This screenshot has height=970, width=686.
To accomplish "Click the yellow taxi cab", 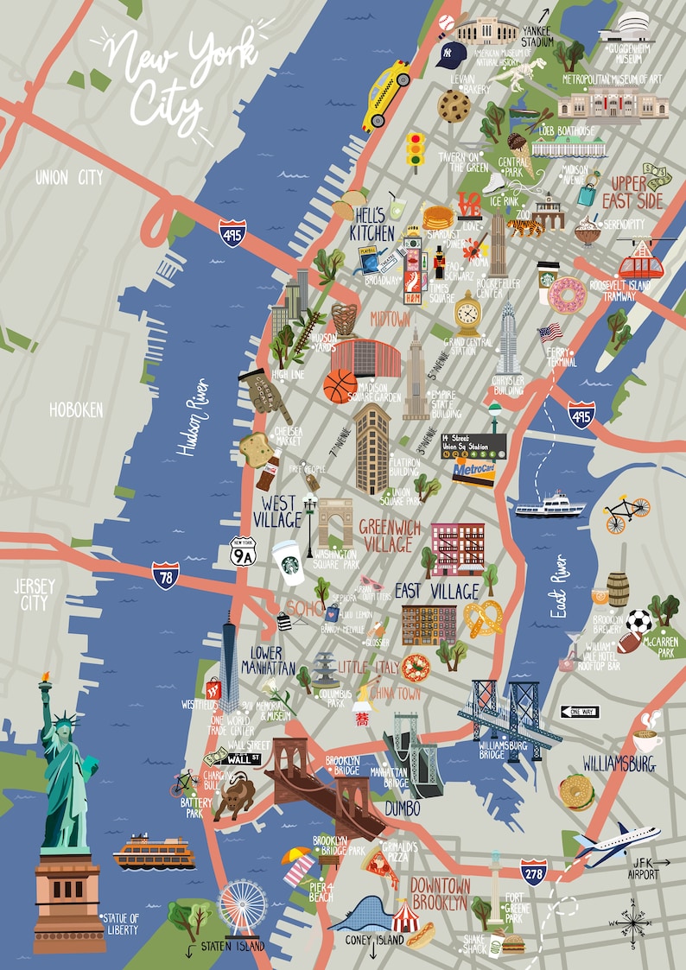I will coord(386,94).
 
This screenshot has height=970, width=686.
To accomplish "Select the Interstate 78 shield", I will coord(165,574).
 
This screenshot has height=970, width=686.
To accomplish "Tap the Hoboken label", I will coord(76,410).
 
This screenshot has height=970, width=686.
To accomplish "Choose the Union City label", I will coord(69,178).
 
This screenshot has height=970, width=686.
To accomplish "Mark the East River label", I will coord(561,586).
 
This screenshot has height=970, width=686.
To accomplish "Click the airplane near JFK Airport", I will coord(617,841).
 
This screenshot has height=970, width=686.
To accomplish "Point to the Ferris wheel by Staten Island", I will coord(242,907).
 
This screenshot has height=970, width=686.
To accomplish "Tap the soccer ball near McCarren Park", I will coord(639,621).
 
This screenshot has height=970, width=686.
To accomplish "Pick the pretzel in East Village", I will coord(483,618).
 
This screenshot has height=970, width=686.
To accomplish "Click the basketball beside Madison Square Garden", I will coord(340,386).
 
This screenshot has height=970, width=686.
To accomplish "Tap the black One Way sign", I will coord(579,712).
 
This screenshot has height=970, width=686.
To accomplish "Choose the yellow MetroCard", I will coord(474,471).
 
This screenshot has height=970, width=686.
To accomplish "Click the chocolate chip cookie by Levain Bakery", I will coord(454,106).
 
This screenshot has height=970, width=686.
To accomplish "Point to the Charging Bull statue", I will coord(234,794).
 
